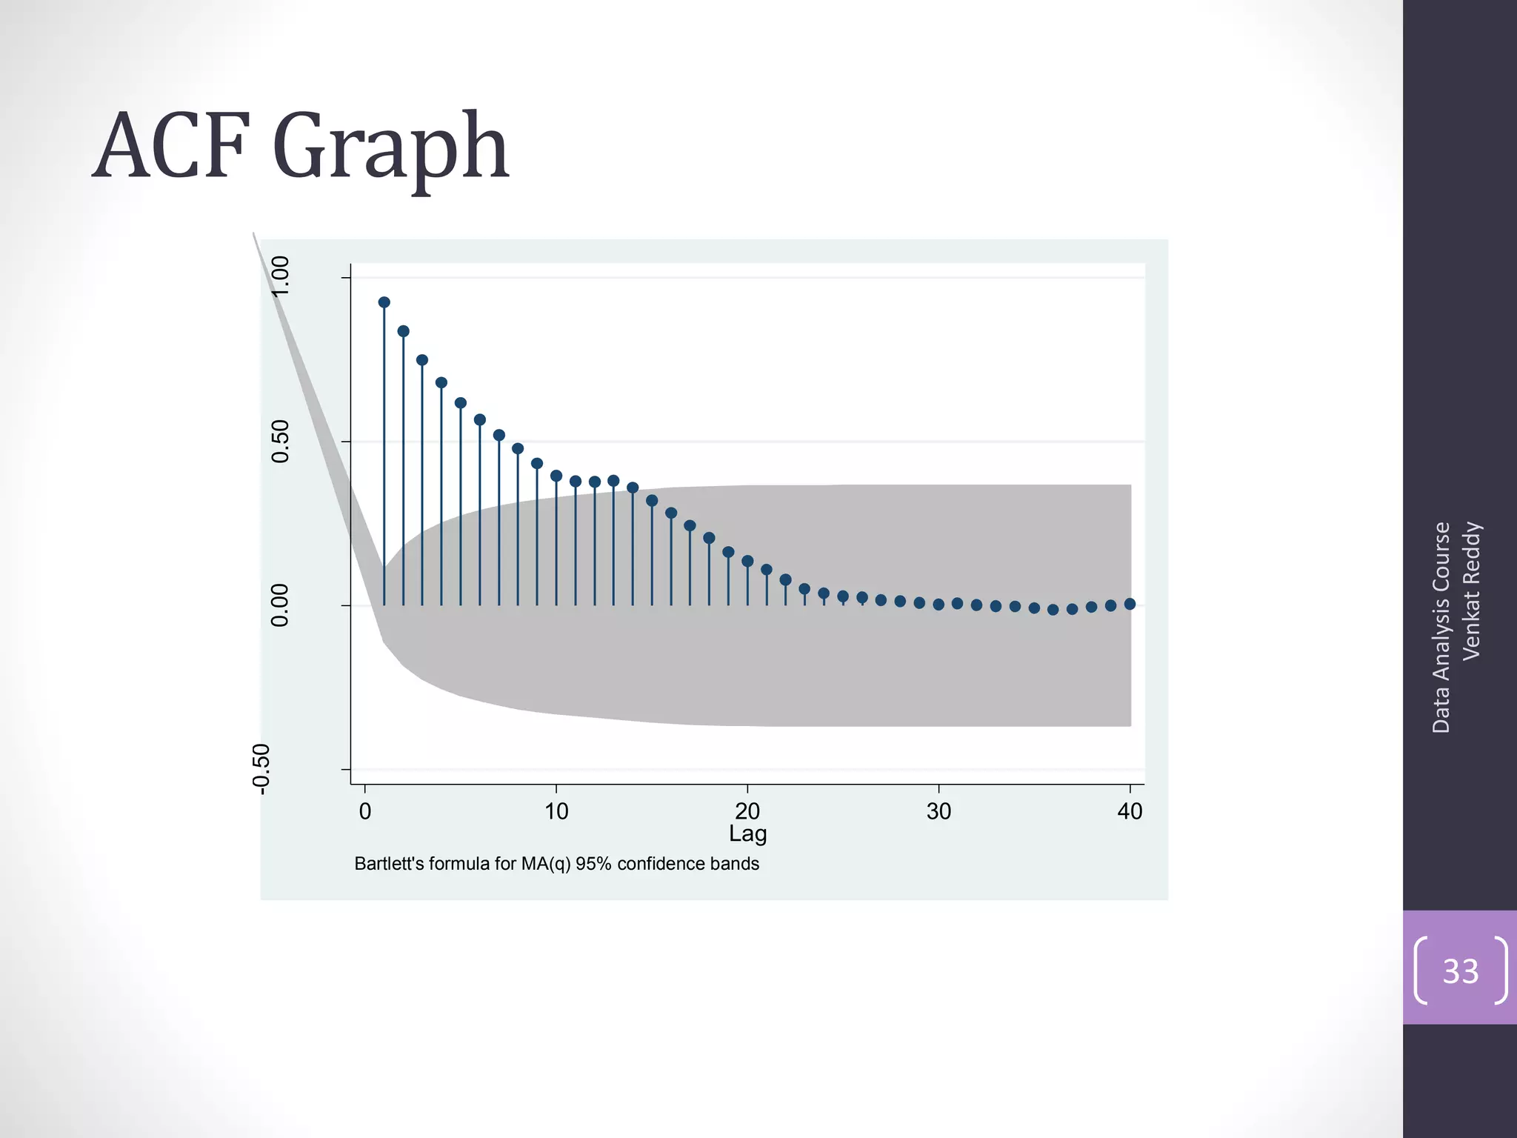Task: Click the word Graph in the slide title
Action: [x=390, y=150]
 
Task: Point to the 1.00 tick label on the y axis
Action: [x=280, y=276]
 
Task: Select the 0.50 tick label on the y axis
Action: [x=280, y=441]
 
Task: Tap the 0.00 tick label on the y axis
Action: [x=280, y=605]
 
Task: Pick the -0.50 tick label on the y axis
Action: [x=261, y=769]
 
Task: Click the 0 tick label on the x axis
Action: [x=364, y=811]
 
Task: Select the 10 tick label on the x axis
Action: [x=556, y=811]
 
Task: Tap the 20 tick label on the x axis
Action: [x=747, y=811]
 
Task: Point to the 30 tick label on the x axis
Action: [x=938, y=811]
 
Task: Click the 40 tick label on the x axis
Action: [x=1130, y=811]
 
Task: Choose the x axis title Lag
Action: [x=747, y=833]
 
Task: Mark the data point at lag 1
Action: [x=384, y=302]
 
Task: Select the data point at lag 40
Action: [x=1130, y=604]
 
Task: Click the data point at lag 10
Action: [x=556, y=476]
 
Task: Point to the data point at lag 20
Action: [x=747, y=561]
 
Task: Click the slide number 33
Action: [x=1460, y=971]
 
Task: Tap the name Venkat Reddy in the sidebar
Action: [x=1471, y=590]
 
